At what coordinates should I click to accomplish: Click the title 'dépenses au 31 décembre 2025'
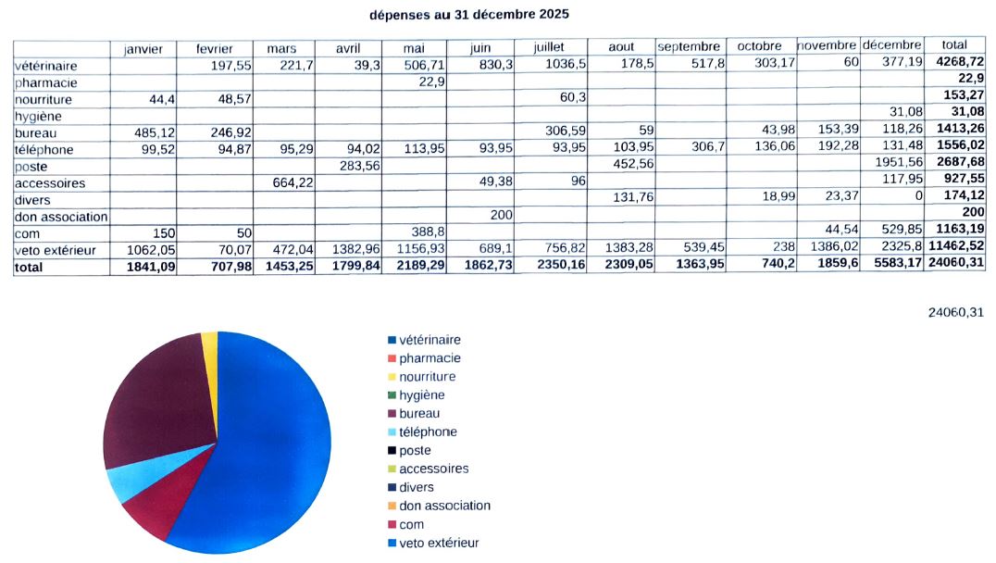click(x=468, y=15)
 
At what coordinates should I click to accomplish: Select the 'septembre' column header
click(x=689, y=46)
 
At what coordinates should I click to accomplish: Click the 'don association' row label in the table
click(x=60, y=217)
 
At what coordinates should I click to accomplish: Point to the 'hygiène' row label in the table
click(x=37, y=116)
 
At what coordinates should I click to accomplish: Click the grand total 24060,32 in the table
click(x=955, y=267)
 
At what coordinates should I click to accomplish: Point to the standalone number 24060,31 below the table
click(x=955, y=313)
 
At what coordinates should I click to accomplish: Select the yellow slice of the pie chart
click(x=209, y=342)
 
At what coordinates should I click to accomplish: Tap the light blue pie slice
click(x=121, y=482)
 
